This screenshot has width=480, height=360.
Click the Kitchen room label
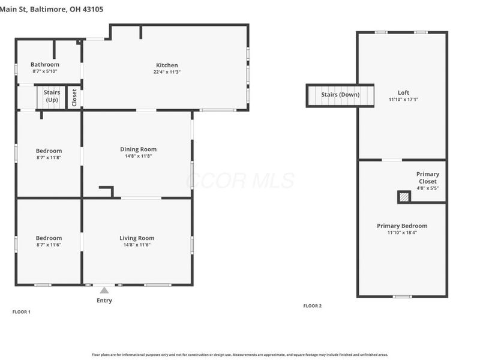(167, 65)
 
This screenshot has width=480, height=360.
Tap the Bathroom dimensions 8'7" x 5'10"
(45, 71)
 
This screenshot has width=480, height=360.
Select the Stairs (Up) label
(52, 96)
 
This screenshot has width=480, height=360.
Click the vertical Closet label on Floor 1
(74, 98)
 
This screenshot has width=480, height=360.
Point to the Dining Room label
(139, 149)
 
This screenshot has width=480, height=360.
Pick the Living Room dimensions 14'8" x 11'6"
(137, 245)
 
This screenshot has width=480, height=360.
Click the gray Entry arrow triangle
(104, 290)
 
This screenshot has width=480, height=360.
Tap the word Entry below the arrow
(104, 301)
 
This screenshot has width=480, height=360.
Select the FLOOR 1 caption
(22, 312)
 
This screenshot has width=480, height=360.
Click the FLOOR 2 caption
(313, 306)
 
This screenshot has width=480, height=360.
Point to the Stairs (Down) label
(340, 95)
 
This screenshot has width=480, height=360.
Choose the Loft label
(403, 92)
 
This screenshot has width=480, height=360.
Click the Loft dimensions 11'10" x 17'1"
(403, 100)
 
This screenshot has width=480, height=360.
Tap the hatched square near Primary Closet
(404, 197)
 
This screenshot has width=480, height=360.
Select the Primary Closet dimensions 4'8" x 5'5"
(428, 188)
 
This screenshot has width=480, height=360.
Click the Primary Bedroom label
(402, 226)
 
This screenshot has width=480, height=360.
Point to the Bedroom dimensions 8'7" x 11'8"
(49, 158)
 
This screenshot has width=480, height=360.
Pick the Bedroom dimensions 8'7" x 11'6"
(49, 245)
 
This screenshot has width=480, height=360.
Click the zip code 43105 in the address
(93, 9)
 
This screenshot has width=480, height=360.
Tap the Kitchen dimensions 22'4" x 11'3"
(167, 72)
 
